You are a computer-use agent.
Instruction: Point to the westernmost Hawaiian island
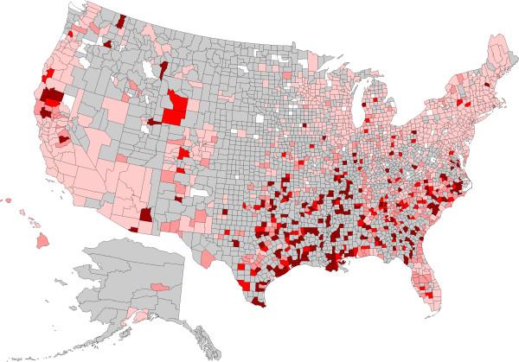click(6, 200)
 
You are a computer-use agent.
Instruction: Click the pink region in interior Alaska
click(158, 285)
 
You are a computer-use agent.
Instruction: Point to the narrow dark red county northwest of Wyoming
click(163, 68)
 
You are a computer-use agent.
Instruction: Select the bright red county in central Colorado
click(183, 153)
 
